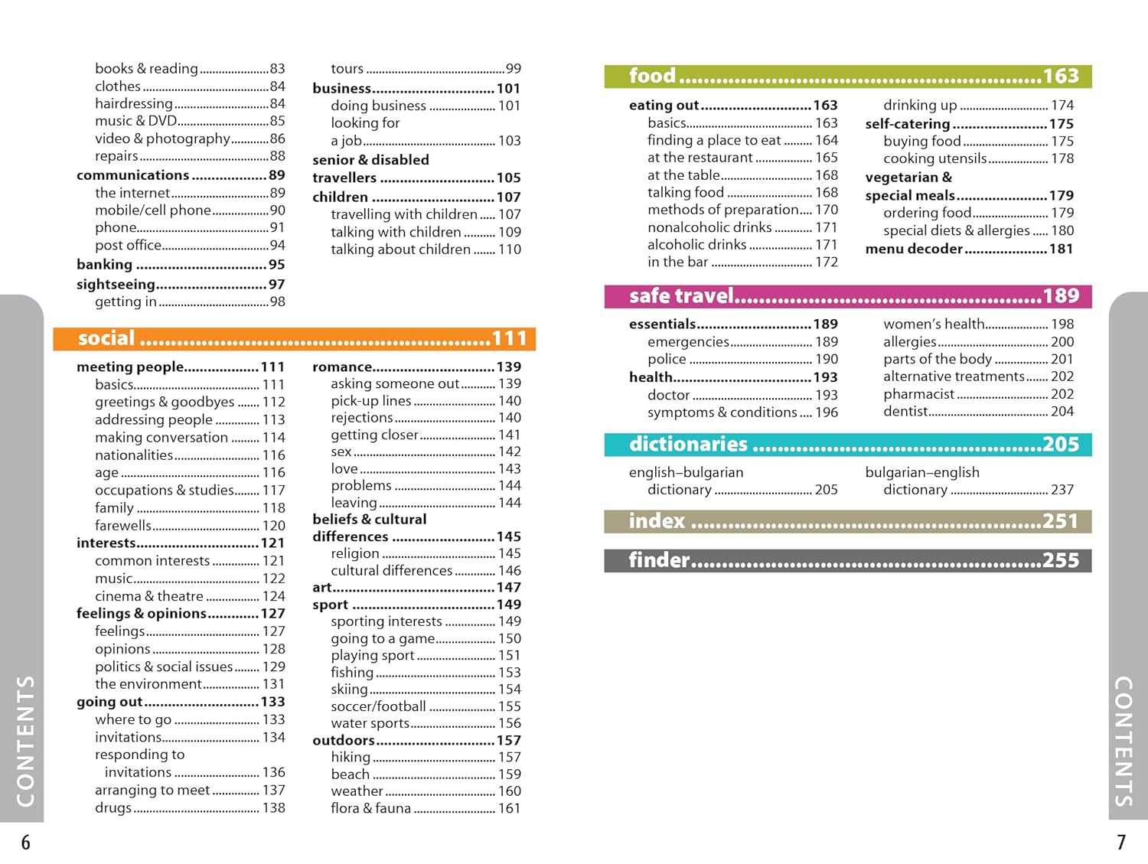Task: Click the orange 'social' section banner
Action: (294, 338)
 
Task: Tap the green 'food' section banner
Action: (847, 76)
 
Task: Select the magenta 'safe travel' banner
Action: (847, 296)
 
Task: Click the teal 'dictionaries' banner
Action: (847, 445)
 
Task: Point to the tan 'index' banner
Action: (847, 521)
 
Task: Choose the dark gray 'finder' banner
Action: (847, 560)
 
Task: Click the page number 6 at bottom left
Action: (25, 843)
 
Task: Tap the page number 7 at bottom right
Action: (1121, 843)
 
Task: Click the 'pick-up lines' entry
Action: (371, 400)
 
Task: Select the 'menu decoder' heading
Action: (914, 249)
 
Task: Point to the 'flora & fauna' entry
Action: (371, 808)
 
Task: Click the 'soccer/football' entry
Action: (378, 706)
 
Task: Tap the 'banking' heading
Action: (105, 265)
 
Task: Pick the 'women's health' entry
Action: (934, 324)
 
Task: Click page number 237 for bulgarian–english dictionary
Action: (1062, 490)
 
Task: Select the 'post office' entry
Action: (129, 246)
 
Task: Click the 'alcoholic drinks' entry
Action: (696, 245)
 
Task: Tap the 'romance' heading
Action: (342, 367)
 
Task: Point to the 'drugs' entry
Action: (113, 808)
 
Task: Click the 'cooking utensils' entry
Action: (934, 158)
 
